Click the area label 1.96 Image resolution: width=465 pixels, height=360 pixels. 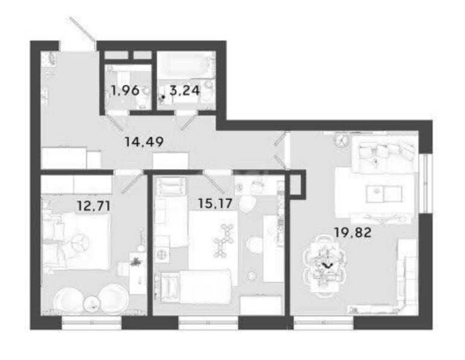125,91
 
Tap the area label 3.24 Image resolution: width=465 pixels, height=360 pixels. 184,91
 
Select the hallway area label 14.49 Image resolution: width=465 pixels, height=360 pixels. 144,142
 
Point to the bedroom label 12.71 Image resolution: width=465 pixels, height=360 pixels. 94,205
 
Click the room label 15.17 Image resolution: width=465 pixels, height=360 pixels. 215,204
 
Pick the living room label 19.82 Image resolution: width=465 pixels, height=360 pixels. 353,232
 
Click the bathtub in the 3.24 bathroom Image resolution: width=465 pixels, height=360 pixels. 185,65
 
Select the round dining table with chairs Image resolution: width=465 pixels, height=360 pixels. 324,265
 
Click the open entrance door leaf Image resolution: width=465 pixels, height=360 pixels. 83,29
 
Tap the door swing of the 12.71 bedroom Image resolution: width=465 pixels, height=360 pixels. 133,182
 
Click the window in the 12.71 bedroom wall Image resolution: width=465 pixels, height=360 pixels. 92,323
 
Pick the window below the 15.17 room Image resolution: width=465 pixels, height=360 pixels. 208,323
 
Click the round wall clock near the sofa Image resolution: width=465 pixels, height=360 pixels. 342,140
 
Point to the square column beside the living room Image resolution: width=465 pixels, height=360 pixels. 297,184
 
